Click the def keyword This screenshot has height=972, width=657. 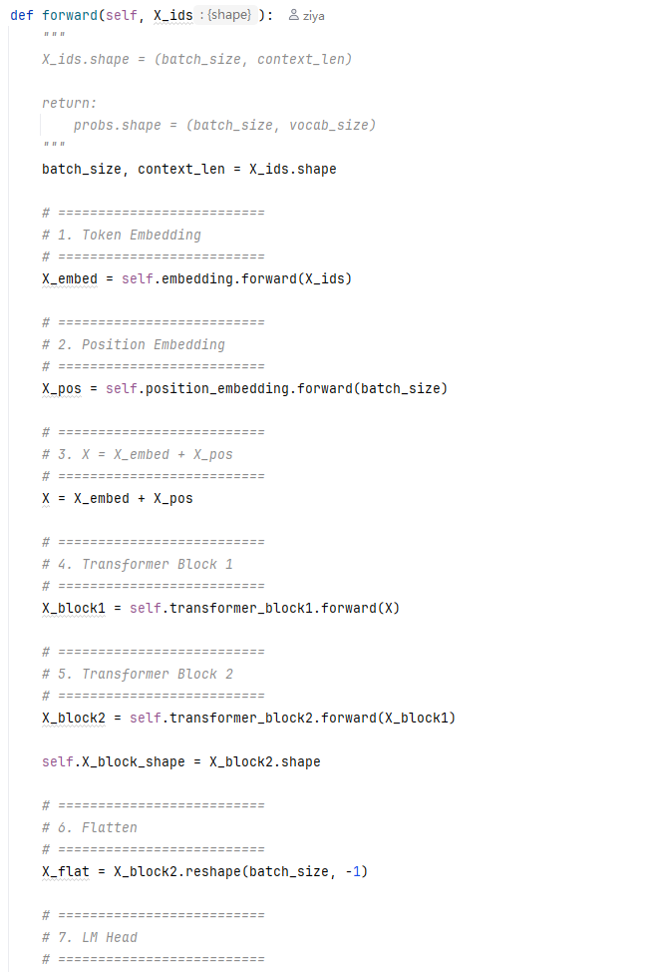pyautogui.click(x=22, y=16)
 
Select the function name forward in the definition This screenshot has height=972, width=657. pyautogui.click(x=70, y=16)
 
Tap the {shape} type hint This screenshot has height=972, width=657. pyautogui.click(x=229, y=15)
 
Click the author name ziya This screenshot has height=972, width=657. pyautogui.click(x=314, y=16)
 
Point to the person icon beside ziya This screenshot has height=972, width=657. pyautogui.click(x=294, y=16)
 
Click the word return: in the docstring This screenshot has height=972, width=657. pyautogui.click(x=70, y=103)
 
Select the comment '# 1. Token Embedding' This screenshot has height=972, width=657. pyautogui.click(x=122, y=235)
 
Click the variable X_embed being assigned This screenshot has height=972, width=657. pyautogui.click(x=70, y=279)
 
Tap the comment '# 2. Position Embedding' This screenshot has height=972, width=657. pyautogui.click(x=134, y=344)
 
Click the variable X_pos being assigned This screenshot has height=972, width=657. pyautogui.click(x=61, y=388)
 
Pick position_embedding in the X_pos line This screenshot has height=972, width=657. pyautogui.click(x=217, y=388)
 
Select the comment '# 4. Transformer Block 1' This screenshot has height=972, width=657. pyautogui.click(x=138, y=564)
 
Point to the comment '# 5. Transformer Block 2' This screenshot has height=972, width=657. pyautogui.click(x=138, y=674)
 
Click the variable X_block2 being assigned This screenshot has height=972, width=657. pyautogui.click(x=74, y=718)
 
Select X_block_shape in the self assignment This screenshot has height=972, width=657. pyautogui.click(x=134, y=761)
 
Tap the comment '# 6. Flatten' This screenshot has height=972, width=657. pyautogui.click(x=90, y=827)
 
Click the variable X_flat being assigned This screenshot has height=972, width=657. pyautogui.click(x=66, y=871)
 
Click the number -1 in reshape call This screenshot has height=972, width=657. pyautogui.click(x=352, y=871)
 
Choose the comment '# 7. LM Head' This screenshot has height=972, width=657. pyautogui.click(x=90, y=937)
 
